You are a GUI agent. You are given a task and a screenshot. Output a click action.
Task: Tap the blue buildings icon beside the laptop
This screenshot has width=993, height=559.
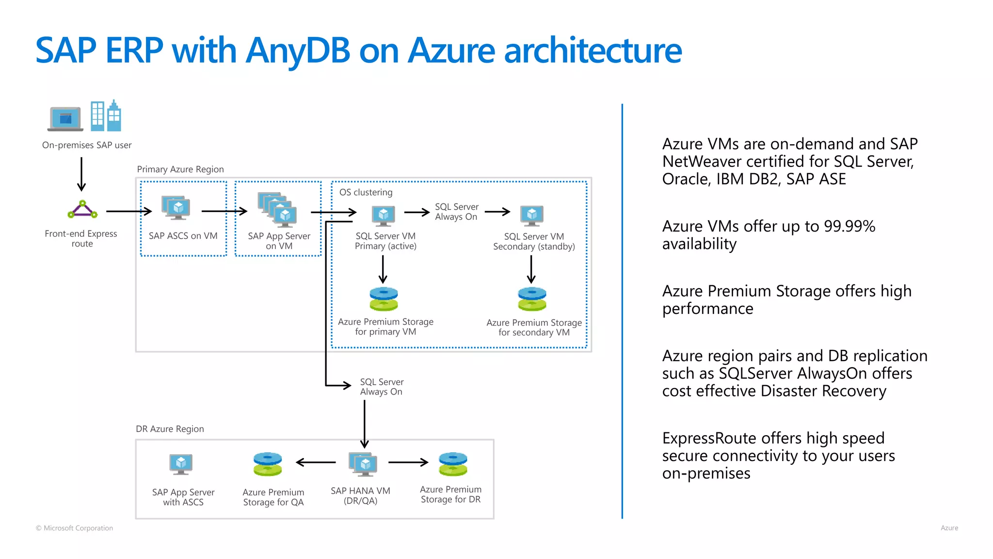(106, 116)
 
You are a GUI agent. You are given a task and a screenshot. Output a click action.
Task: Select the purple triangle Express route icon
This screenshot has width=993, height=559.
(82, 210)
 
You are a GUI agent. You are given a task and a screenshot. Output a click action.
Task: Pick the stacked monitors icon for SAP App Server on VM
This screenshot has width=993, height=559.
(278, 210)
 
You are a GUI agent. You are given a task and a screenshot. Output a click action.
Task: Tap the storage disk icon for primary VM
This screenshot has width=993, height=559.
(384, 299)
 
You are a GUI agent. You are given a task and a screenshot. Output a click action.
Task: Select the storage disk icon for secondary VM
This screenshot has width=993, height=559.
(532, 299)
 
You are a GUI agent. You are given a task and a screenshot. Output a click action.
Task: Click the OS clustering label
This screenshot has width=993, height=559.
(366, 192)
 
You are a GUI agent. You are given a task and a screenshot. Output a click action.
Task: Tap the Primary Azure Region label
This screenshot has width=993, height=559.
(180, 169)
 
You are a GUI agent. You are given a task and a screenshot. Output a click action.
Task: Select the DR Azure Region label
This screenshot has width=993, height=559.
(170, 429)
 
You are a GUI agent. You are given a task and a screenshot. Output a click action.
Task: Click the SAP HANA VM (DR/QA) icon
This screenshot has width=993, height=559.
(363, 464)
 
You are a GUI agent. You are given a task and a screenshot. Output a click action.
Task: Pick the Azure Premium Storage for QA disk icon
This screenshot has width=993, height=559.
(268, 464)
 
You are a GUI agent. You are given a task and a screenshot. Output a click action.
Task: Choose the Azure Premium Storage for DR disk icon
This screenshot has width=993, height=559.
(453, 464)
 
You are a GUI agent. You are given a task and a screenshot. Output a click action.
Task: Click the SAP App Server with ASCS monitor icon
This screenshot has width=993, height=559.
(181, 464)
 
